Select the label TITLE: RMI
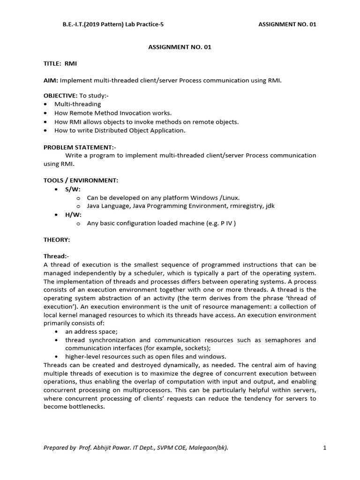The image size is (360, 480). (x=60, y=64)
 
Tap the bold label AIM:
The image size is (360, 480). (x=51, y=81)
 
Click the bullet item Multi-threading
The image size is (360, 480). (x=77, y=104)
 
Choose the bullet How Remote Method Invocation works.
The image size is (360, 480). (x=113, y=113)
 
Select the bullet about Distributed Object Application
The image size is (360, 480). (x=120, y=130)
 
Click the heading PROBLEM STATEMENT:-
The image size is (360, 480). (x=79, y=147)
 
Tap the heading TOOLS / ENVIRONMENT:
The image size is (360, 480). (x=81, y=180)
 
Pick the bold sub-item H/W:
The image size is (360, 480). (x=73, y=215)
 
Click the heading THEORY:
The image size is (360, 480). (x=57, y=240)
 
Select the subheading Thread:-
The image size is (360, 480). (x=56, y=257)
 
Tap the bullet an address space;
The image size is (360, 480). (x=91, y=331)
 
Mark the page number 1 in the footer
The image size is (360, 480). (x=324, y=448)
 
